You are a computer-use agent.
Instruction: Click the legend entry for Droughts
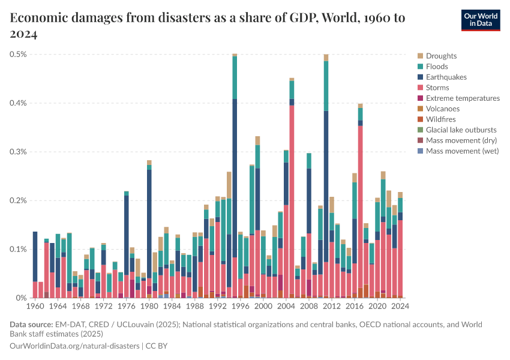(441, 56)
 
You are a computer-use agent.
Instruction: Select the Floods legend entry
(437, 67)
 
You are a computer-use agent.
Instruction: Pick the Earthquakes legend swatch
(420, 77)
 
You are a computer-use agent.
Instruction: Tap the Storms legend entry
(437, 88)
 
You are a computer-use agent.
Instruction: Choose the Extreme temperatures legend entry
(463, 98)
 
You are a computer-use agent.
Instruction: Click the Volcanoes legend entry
(443, 109)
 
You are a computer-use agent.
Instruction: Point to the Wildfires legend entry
(441, 119)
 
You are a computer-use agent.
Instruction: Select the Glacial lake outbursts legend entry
(461, 130)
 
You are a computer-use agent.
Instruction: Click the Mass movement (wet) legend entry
(461, 151)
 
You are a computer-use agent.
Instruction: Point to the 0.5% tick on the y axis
(17, 55)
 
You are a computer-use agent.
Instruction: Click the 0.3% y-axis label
(17, 152)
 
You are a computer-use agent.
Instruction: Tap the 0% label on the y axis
(20, 298)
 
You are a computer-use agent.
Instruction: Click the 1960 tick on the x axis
(35, 306)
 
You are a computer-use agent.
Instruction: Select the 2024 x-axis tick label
(400, 306)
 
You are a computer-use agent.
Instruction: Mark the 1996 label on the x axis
(241, 306)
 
